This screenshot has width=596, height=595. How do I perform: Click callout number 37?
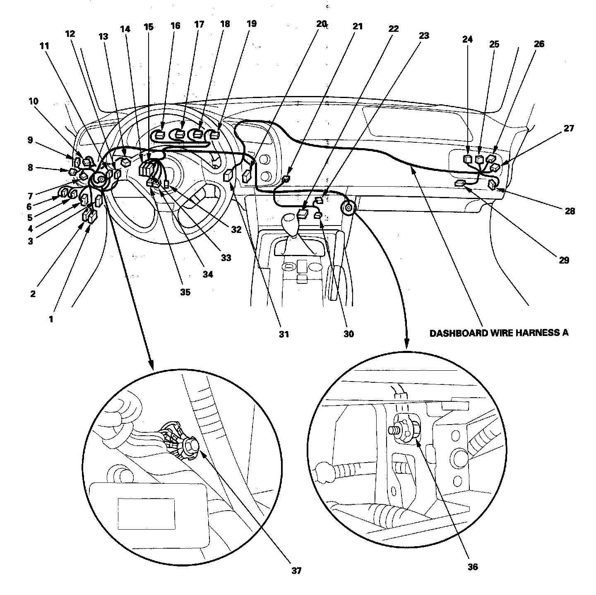click(296, 571)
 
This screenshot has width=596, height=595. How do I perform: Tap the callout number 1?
click(51, 319)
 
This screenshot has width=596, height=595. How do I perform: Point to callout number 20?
click(322, 24)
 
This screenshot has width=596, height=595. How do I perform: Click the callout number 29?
click(564, 260)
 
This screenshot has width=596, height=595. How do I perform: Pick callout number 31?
click(283, 334)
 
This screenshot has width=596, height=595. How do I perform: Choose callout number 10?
click(34, 101)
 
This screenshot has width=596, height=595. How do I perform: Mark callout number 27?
click(569, 128)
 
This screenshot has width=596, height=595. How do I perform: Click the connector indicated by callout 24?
click(468, 158)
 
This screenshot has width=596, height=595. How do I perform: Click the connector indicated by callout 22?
click(303, 214)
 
